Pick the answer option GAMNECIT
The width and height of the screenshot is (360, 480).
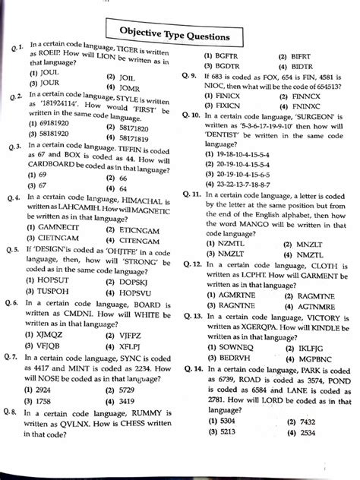[54, 226]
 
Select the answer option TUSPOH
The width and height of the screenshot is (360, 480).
[52, 292]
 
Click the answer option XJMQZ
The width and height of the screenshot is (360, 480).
[47, 333]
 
